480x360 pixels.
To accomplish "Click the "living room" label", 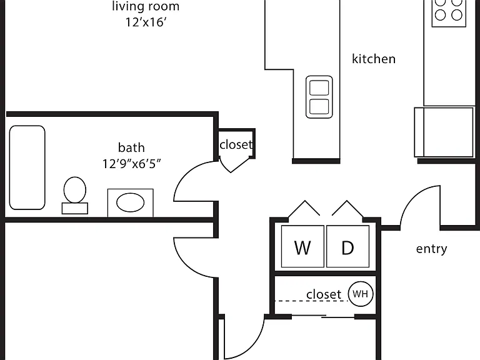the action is point(146,6).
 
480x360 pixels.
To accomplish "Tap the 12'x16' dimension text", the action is point(146,22).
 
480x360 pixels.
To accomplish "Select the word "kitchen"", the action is point(374,59).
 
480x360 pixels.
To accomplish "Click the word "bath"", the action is point(131,147).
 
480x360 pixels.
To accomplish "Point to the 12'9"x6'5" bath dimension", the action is point(131,164).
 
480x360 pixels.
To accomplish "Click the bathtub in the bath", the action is point(27,167).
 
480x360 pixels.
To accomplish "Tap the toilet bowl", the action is point(75,190).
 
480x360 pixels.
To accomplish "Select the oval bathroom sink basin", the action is point(131,202).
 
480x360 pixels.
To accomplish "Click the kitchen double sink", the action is point(319,97).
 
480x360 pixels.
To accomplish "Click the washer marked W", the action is point(302,246).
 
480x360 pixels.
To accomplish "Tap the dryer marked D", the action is point(347,246).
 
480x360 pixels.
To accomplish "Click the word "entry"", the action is point(432,249).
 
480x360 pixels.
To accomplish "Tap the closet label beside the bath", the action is point(236,144).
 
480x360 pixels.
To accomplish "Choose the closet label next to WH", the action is point(324,294).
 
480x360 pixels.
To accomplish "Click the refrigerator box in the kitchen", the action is point(444,132).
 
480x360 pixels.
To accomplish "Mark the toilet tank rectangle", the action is point(75,208).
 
